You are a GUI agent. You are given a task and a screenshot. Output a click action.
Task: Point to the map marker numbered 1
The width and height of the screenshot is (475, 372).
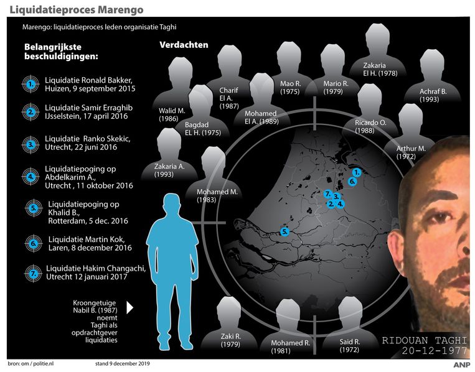[x=357, y=172]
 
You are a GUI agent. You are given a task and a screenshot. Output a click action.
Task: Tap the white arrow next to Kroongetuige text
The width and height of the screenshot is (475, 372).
[x=130, y=307]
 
